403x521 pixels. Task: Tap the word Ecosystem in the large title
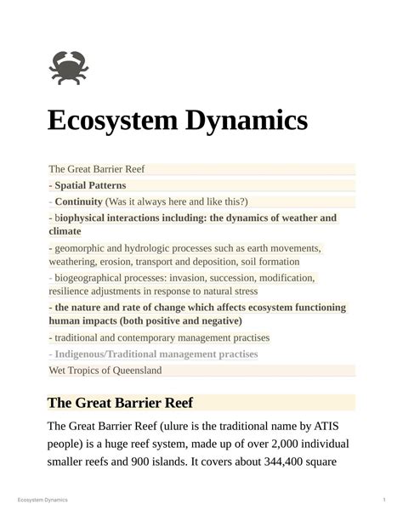pos(115,121)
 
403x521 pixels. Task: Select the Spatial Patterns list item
pos(90,185)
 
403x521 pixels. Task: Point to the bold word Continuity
pos(78,201)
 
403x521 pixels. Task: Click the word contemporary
pos(169,338)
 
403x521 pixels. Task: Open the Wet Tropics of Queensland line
pos(105,371)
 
